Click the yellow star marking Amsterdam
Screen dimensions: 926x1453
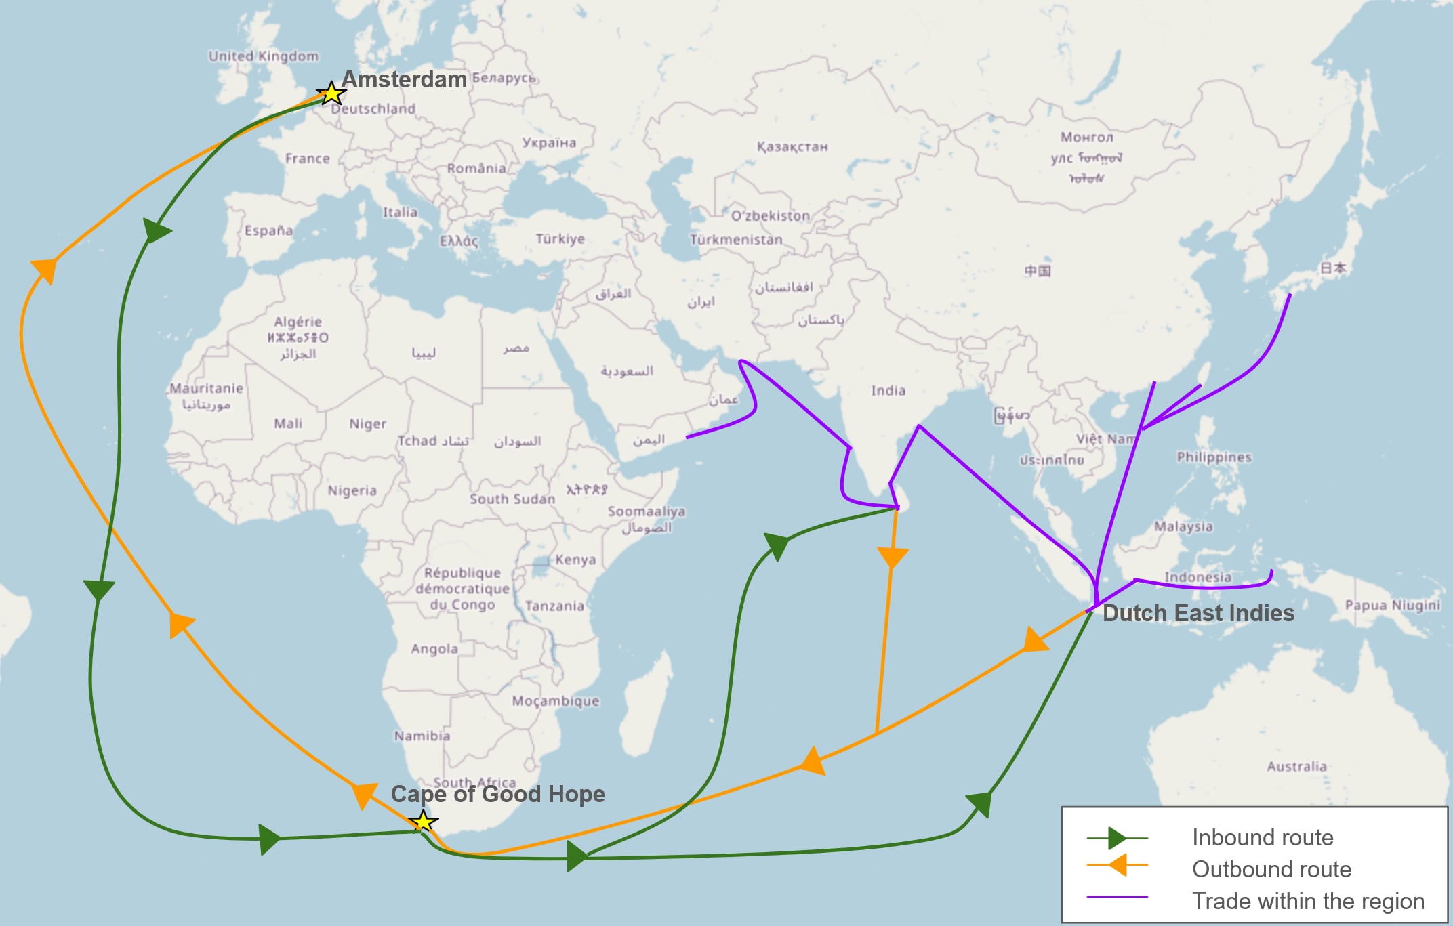pos(331,93)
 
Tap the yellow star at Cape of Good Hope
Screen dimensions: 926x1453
pos(423,822)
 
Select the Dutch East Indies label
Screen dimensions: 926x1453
pos(1198,613)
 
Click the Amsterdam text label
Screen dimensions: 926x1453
pos(404,79)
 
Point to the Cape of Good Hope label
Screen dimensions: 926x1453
pos(497,794)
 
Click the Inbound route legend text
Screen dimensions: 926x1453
pos(1263,838)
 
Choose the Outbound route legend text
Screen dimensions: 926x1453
pos(1271,869)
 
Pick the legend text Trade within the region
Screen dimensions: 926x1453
pos(1308,901)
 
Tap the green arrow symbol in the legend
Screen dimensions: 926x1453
pos(1117,839)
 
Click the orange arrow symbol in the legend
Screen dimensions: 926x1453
pos(1117,865)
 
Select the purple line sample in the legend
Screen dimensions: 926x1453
pos(1117,897)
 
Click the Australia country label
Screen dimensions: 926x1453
pos(1296,766)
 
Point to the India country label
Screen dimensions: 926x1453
pos(888,390)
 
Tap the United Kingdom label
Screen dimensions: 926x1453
pos(263,56)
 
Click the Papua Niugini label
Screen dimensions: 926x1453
pos(1392,605)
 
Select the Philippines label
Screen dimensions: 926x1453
pos(1214,457)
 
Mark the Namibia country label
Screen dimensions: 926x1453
pos(422,736)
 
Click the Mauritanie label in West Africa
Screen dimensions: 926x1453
pos(206,388)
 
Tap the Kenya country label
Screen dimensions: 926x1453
pos(575,560)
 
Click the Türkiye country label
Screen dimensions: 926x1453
pos(560,239)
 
